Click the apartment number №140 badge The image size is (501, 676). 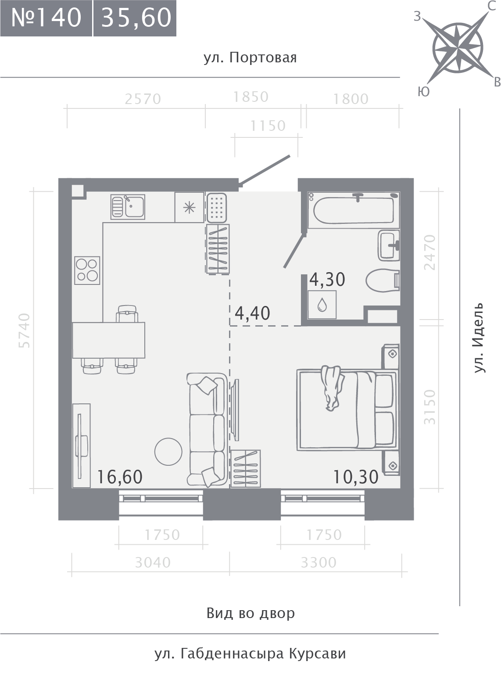(x=46, y=18)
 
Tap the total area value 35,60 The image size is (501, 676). (x=135, y=18)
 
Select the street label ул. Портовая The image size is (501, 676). (x=250, y=58)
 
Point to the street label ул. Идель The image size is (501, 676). (x=479, y=338)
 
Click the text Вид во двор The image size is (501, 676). (x=250, y=613)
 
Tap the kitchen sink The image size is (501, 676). (x=128, y=207)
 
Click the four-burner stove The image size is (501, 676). (x=87, y=270)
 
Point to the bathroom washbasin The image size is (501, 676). (x=389, y=245)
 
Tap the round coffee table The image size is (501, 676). (x=168, y=452)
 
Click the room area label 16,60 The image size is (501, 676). (x=120, y=477)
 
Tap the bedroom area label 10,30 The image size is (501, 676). (x=356, y=477)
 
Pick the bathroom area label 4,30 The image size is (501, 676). (x=327, y=280)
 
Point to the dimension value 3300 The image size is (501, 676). (x=318, y=563)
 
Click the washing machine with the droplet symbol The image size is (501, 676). (x=322, y=305)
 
